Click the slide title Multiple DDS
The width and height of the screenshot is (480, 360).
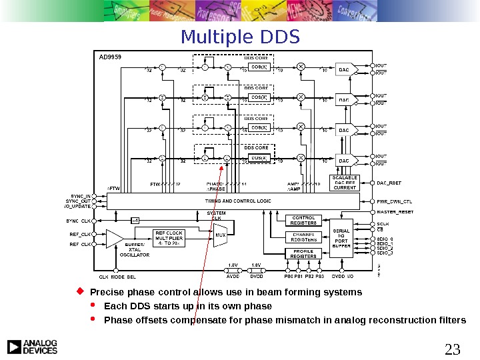click(241, 36)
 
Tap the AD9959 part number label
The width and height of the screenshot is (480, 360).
click(109, 57)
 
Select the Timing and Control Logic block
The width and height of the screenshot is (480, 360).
click(229, 201)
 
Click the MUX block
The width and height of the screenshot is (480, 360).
click(220, 235)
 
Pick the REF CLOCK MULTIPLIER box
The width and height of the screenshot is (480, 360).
click(169, 239)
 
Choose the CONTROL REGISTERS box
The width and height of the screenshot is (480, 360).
click(303, 221)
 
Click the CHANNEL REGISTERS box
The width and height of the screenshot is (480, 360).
click(303, 237)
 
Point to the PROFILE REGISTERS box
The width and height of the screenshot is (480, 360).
click(303, 253)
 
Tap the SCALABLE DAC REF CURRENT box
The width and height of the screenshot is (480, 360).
click(345, 183)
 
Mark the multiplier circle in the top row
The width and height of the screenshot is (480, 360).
click(301, 67)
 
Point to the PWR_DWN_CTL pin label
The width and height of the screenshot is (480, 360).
click(395, 201)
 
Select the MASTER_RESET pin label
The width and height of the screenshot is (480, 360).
click(395, 211)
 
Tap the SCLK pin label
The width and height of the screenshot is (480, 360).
click(383, 224)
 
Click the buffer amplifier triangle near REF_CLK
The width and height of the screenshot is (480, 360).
click(115, 239)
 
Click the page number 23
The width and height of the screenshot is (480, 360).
click(452, 349)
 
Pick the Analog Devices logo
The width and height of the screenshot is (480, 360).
click(32, 346)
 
